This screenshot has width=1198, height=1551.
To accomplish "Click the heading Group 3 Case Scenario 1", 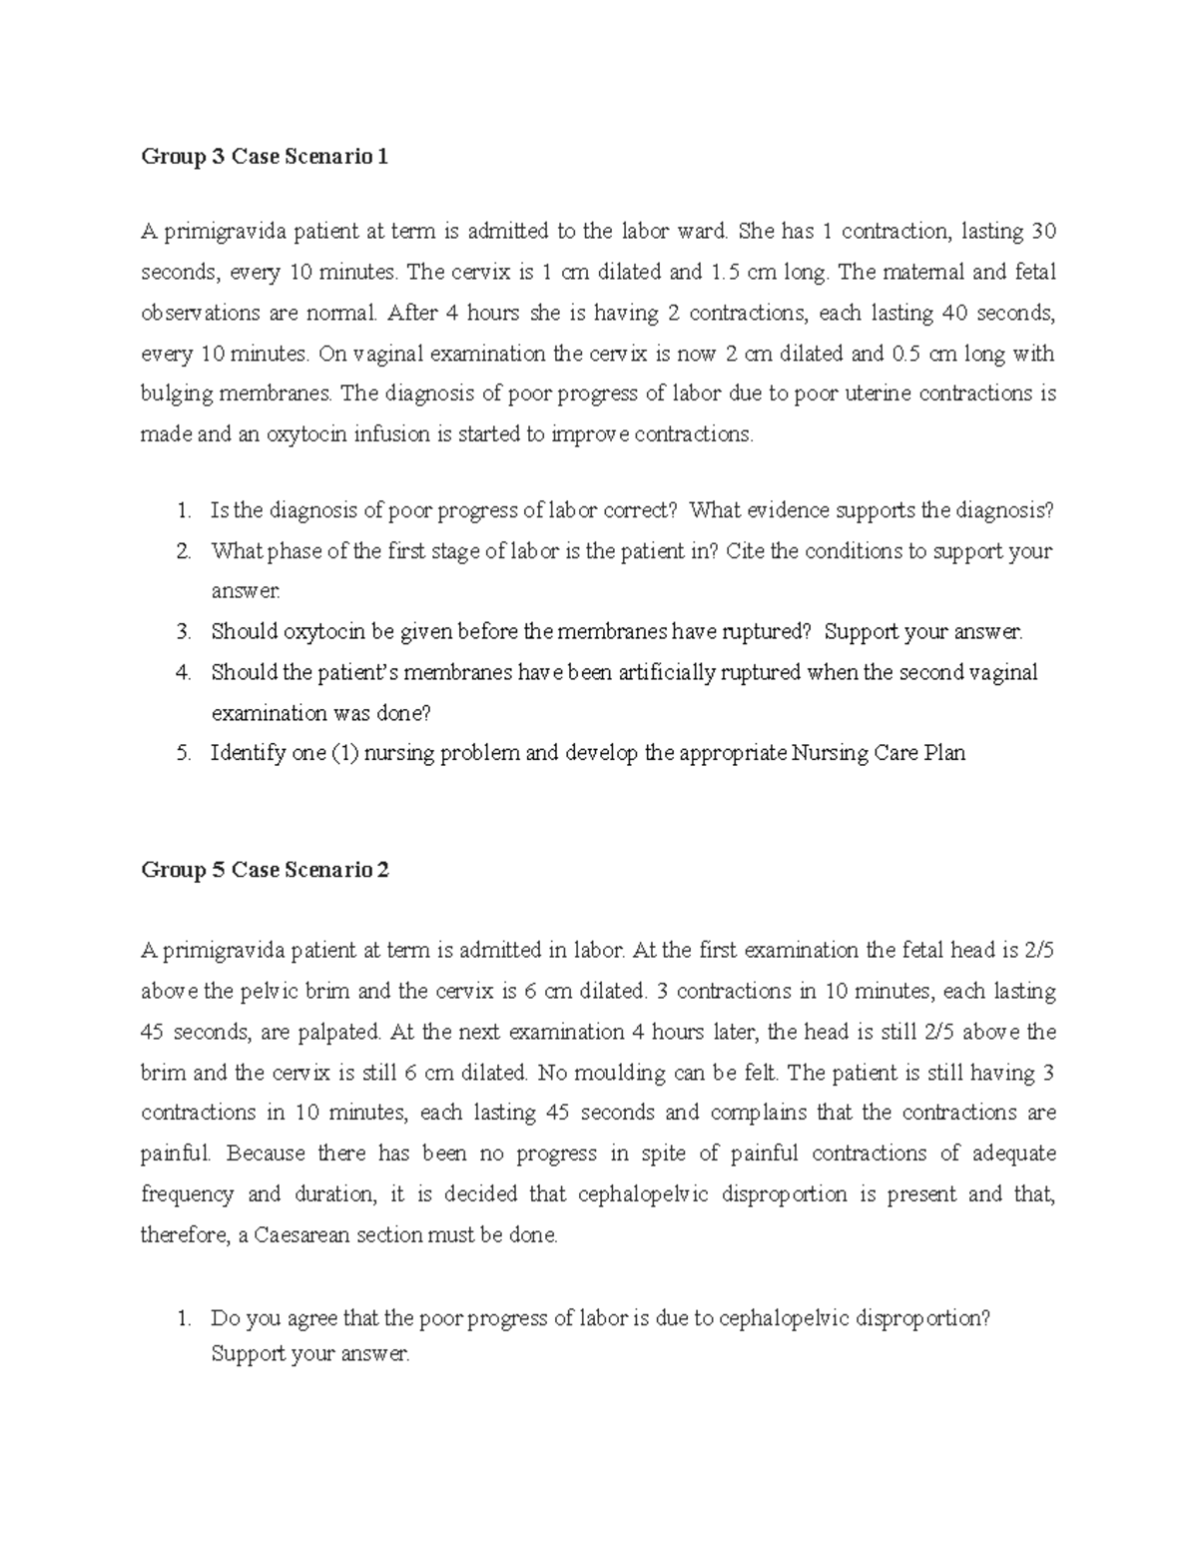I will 265,157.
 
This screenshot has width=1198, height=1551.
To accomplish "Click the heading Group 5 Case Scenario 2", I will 265,870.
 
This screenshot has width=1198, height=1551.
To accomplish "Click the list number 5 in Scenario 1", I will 183,753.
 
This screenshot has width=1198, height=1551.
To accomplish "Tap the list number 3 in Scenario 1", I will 183,632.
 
